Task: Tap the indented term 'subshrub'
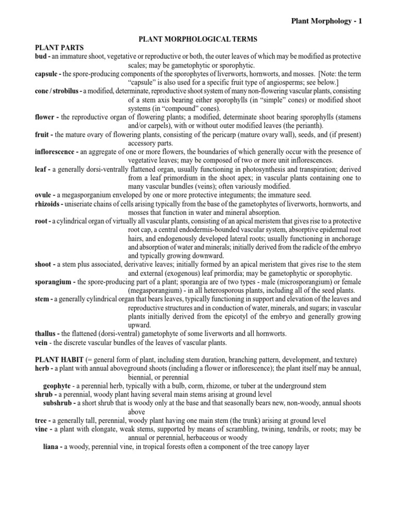pos(60,403)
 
